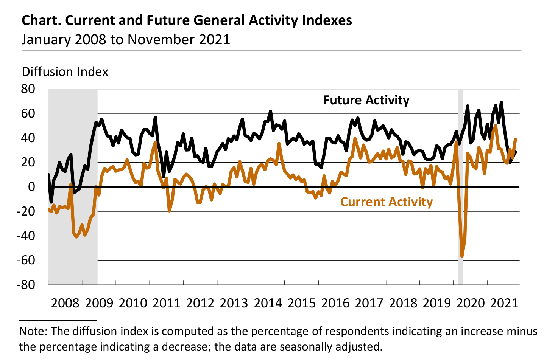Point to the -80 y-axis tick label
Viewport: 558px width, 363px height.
(x=25, y=284)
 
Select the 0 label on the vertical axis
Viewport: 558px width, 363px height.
(x=31, y=187)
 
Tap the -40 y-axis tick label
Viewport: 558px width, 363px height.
(x=25, y=236)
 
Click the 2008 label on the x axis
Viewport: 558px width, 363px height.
(x=65, y=303)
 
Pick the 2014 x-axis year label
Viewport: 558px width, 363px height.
(x=268, y=303)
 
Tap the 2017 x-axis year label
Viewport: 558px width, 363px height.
(x=369, y=303)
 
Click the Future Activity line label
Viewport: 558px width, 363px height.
(x=366, y=100)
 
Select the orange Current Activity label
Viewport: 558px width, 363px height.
(x=386, y=202)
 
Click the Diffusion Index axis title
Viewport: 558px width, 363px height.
(x=65, y=72)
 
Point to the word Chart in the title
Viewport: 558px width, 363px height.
(x=41, y=20)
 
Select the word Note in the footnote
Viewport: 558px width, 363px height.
(x=33, y=332)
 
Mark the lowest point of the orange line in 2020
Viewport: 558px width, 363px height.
(x=462, y=256)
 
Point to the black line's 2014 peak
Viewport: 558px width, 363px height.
(x=270, y=111)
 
